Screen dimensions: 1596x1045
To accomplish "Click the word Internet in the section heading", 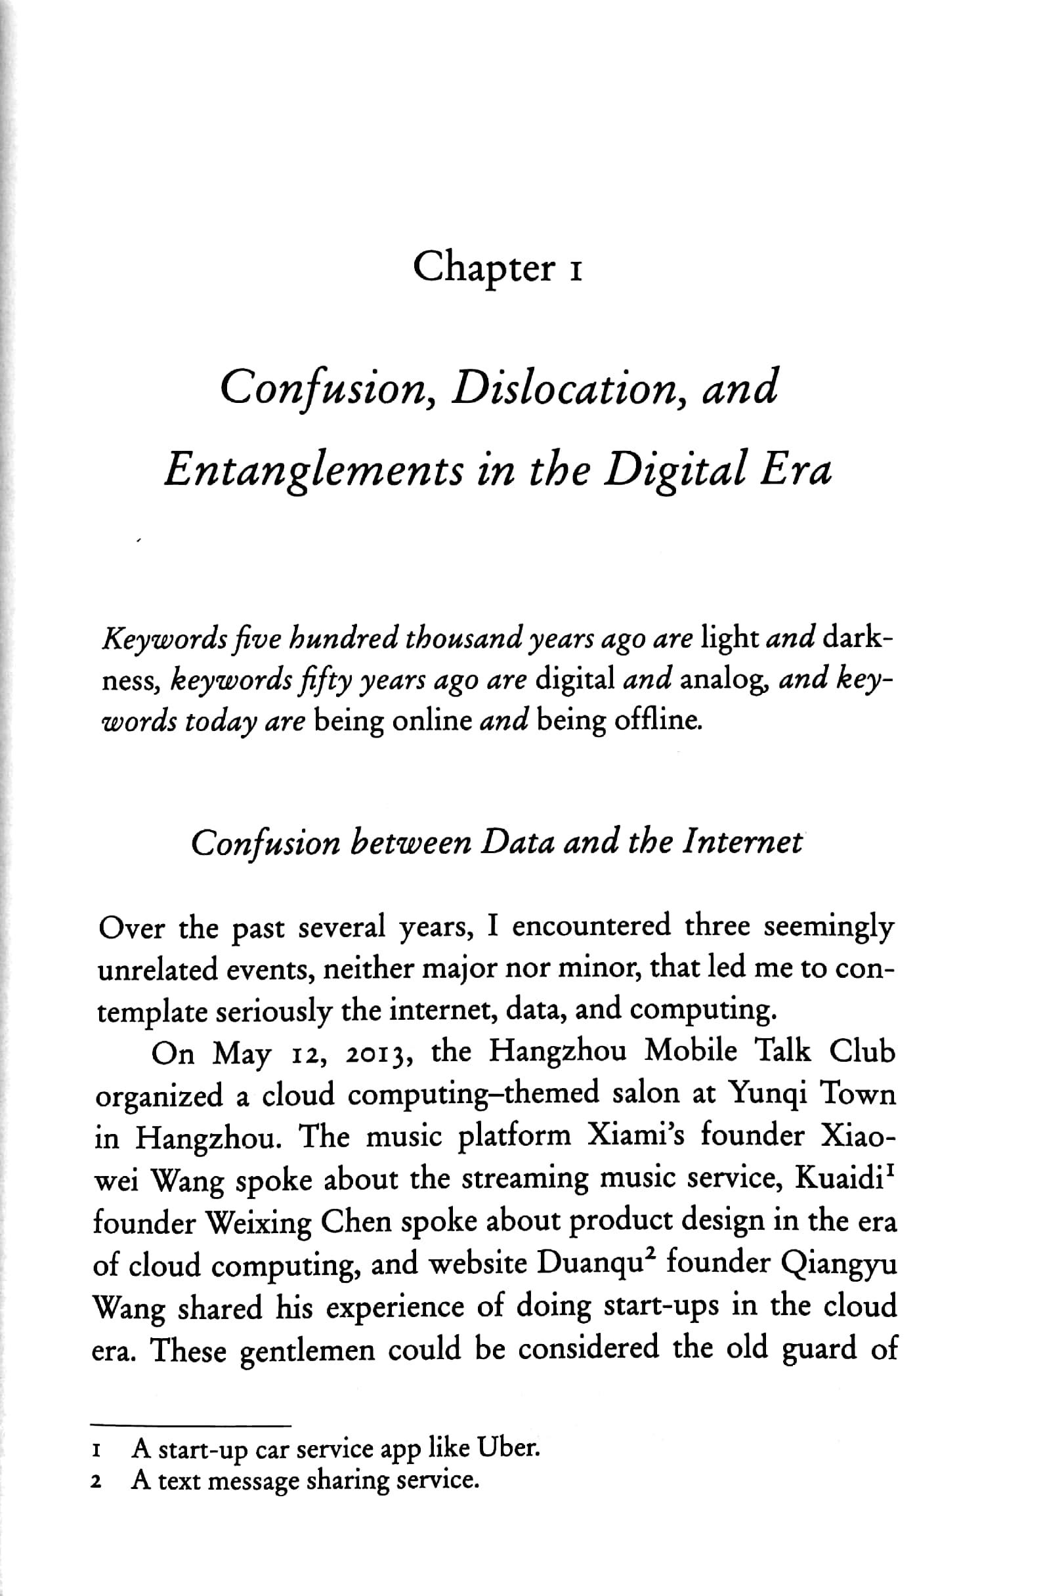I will [741, 842].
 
